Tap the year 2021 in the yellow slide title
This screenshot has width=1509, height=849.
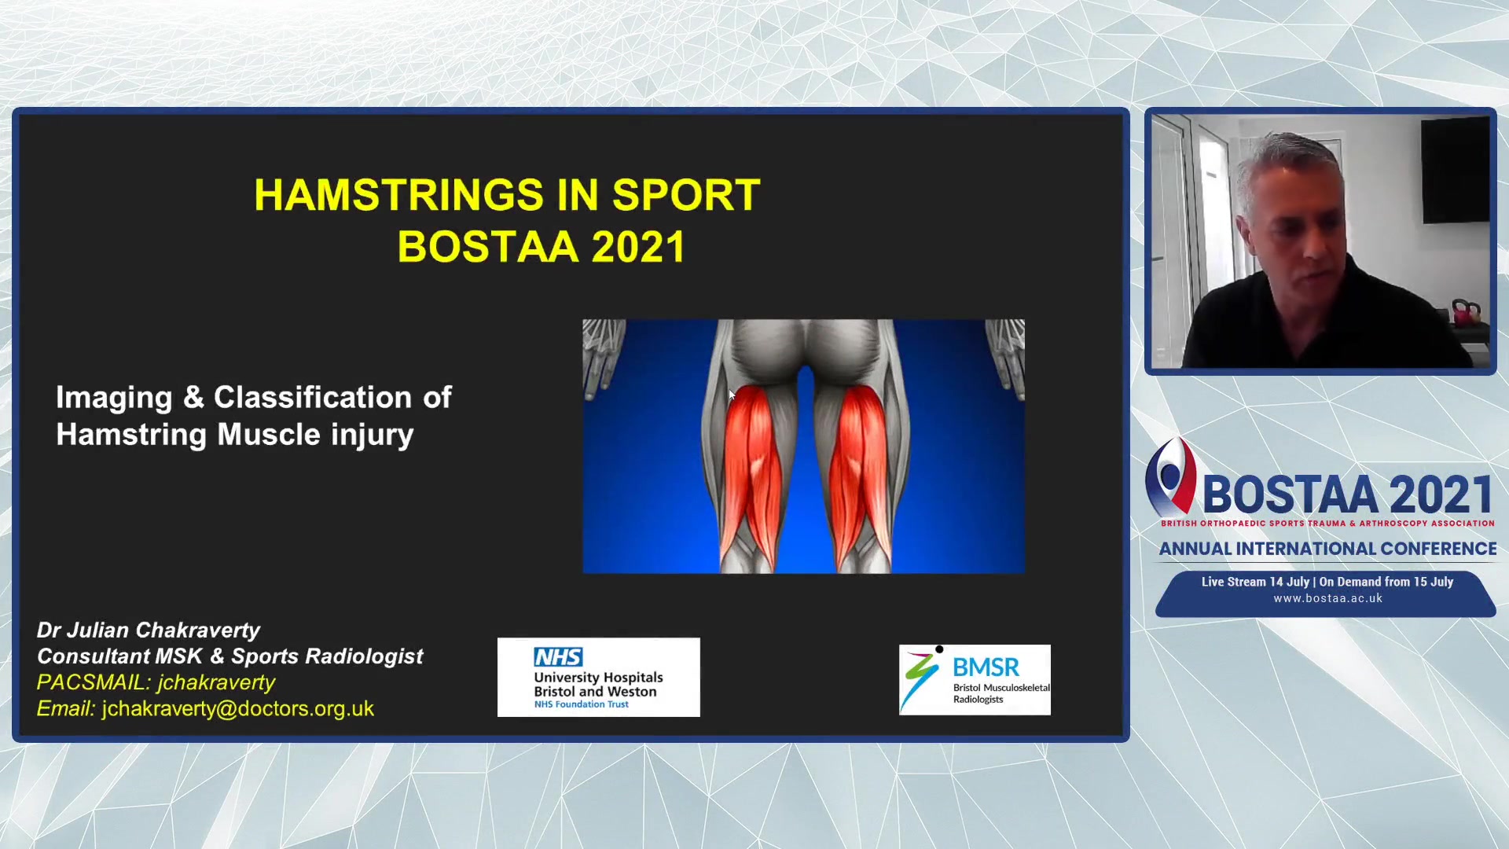pyautogui.click(x=639, y=247)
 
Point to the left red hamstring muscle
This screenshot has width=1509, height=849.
pyautogui.click(x=753, y=472)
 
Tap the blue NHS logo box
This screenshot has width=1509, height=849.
pyautogui.click(x=558, y=656)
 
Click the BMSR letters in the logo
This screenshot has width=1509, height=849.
pyautogui.click(x=986, y=667)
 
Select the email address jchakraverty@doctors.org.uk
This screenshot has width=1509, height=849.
pyautogui.click(x=238, y=709)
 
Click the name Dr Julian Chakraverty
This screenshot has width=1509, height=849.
pyautogui.click(x=149, y=630)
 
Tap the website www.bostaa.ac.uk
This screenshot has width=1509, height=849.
pyautogui.click(x=1328, y=598)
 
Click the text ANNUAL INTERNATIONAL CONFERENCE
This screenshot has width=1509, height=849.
pyautogui.click(x=1327, y=549)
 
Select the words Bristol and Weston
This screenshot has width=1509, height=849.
pyautogui.click(x=595, y=692)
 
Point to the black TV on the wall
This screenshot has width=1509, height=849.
pyautogui.click(x=1455, y=170)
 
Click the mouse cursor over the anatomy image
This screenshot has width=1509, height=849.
pyautogui.click(x=732, y=395)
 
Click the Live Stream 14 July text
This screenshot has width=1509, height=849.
pyautogui.click(x=1255, y=582)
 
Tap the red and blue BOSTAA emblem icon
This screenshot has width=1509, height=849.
pyautogui.click(x=1170, y=476)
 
